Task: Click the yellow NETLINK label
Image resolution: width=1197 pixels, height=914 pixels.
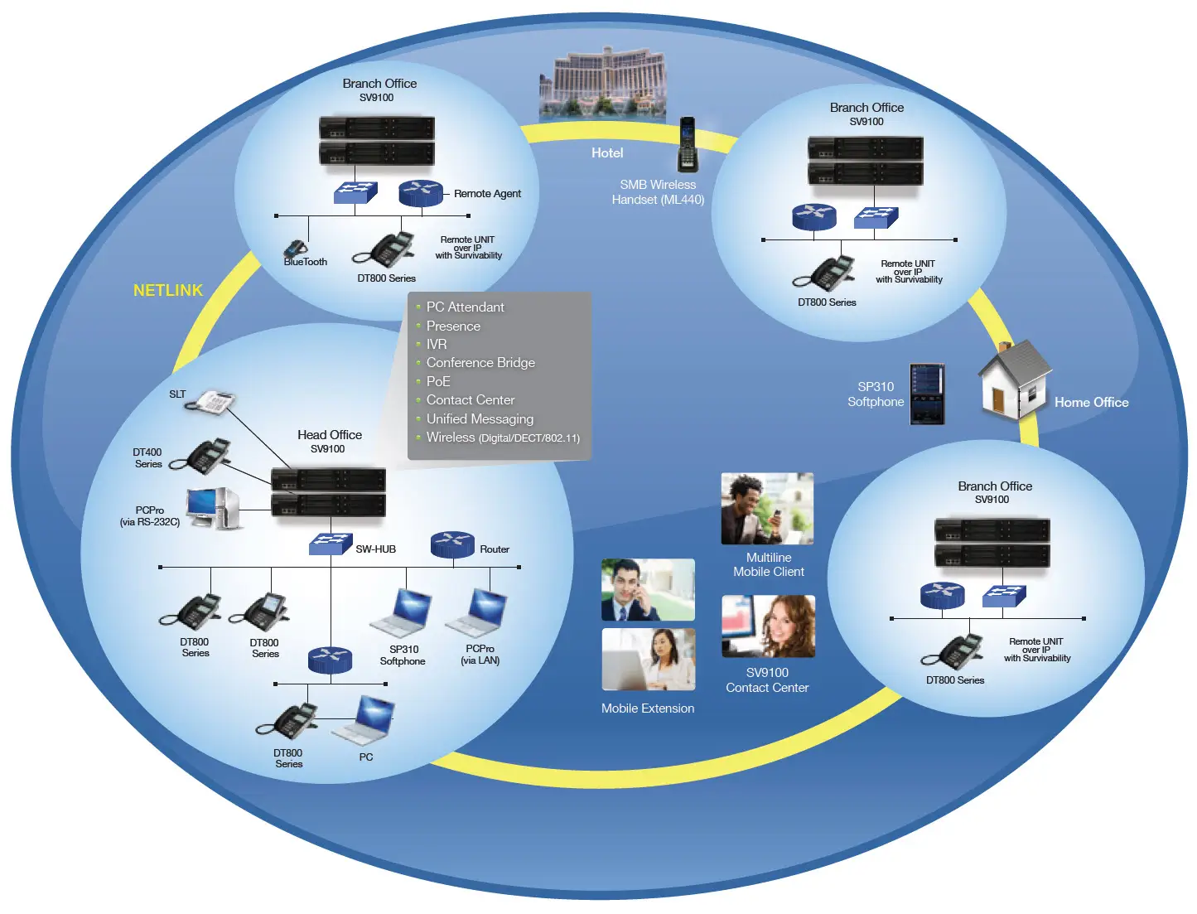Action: (x=168, y=290)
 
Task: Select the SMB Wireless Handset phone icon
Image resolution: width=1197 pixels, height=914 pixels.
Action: (x=688, y=144)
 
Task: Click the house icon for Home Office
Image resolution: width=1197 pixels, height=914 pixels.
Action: (x=1014, y=380)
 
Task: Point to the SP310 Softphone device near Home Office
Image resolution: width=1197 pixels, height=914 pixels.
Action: (x=927, y=394)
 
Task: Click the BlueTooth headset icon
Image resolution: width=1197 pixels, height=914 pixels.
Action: (x=295, y=249)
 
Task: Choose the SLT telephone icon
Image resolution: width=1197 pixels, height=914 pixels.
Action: (x=211, y=402)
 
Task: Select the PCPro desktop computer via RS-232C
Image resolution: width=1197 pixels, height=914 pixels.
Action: (x=214, y=508)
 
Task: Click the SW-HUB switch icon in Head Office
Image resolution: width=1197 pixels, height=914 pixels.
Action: (x=331, y=544)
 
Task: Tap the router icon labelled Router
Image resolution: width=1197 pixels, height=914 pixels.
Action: (x=452, y=544)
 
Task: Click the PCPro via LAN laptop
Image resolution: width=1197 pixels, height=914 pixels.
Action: (x=478, y=612)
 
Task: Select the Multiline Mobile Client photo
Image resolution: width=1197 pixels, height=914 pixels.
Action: (x=767, y=509)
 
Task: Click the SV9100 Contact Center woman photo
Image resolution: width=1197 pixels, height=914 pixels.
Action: (x=768, y=626)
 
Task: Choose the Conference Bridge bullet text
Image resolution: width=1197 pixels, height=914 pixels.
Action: (x=480, y=363)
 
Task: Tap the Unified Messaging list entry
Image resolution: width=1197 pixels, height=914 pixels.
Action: (x=480, y=419)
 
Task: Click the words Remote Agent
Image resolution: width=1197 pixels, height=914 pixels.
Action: (x=487, y=194)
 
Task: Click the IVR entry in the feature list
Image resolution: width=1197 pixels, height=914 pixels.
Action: (x=437, y=345)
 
